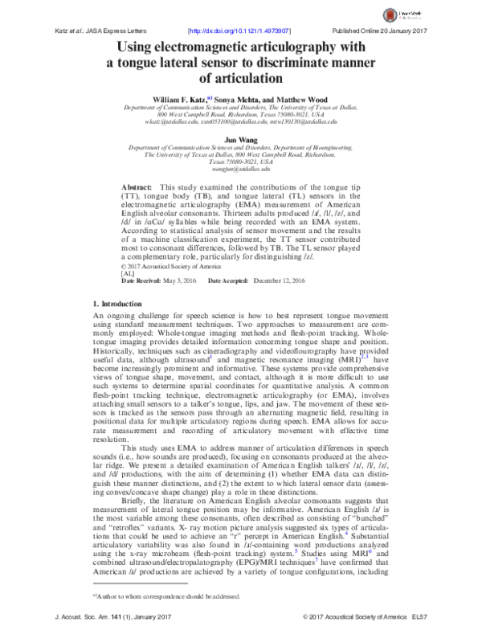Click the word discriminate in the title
324,63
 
